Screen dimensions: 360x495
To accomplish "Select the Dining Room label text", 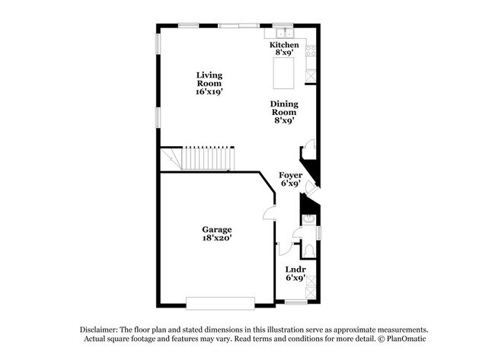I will tap(284, 111).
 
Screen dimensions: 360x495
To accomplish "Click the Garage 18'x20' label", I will tap(216, 233).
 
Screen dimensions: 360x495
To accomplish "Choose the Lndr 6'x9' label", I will tap(295, 273).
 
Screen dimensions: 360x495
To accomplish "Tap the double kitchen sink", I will tap(284, 33).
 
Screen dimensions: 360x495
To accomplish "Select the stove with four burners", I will tap(311, 52).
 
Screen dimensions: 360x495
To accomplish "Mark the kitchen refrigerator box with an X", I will tap(310, 75).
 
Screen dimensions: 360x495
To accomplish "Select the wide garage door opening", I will tap(220, 302).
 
